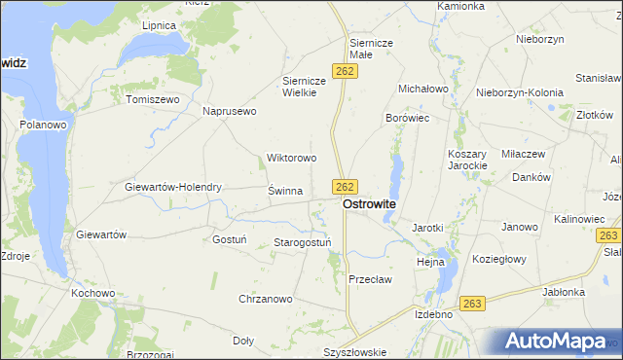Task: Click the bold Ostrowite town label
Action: (369, 205)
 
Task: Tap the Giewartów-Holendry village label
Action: (174, 187)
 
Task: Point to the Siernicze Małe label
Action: (370, 50)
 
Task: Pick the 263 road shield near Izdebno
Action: (472, 304)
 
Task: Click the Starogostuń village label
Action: (303, 241)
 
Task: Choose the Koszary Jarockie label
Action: (466, 160)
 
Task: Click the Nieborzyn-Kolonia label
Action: (520, 92)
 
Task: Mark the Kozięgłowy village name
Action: (499, 259)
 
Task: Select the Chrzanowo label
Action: (265, 299)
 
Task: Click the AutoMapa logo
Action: (557, 342)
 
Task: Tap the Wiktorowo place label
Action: (292, 158)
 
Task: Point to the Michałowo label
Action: (421, 89)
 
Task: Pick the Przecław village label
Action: (370, 279)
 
